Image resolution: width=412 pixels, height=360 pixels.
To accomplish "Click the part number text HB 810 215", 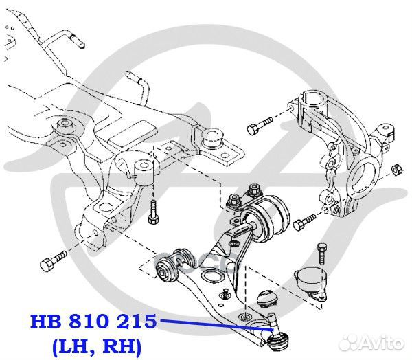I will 93,322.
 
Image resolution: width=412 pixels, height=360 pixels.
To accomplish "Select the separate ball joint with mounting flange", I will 308,282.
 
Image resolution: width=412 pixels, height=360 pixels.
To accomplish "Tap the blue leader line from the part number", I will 213,324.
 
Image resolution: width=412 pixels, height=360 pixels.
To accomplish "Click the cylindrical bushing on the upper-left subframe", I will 65,126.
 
